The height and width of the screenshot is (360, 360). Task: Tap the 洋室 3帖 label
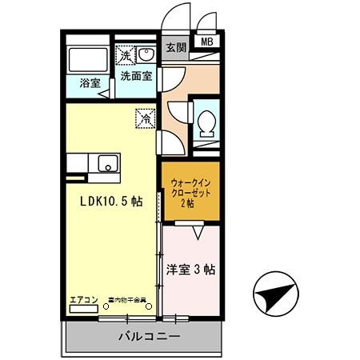click(190, 270)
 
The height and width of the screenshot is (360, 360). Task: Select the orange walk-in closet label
click(190, 192)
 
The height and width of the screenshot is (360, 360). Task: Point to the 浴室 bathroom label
click(89, 83)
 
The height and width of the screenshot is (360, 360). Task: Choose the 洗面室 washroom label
click(136, 77)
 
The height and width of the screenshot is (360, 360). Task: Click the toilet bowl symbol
click(206, 122)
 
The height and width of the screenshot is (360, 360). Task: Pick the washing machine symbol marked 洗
click(126, 55)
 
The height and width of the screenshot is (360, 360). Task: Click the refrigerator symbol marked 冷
click(146, 117)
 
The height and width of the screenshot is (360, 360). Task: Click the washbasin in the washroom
click(147, 54)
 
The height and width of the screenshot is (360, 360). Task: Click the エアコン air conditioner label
click(83, 300)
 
